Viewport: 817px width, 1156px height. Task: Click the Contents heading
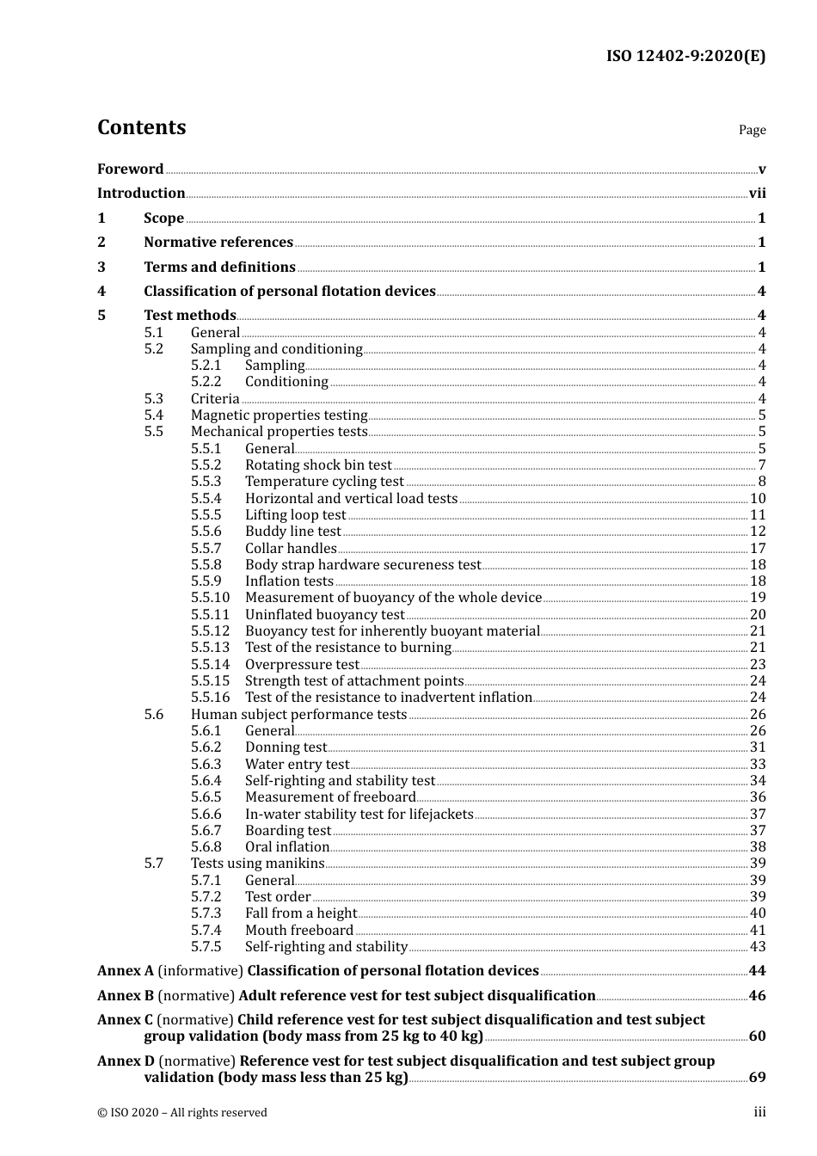point(141,127)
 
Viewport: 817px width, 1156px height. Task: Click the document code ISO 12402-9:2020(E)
point(685,57)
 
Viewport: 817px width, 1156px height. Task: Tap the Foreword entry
point(130,169)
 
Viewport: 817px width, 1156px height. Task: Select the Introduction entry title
point(141,193)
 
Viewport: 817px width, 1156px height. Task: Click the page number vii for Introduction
point(757,193)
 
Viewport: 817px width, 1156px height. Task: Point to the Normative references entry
point(218,242)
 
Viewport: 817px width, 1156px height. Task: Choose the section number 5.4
point(153,415)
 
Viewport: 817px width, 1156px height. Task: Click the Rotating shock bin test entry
point(318,465)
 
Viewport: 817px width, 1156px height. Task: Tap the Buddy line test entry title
point(293,532)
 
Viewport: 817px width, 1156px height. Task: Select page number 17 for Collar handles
point(758,548)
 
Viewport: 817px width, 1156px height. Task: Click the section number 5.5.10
point(210,598)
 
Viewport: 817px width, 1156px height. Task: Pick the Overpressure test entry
point(302,664)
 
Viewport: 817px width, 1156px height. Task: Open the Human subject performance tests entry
point(298,714)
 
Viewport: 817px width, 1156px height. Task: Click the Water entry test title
point(297,764)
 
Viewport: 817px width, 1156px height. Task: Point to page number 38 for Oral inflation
point(758,846)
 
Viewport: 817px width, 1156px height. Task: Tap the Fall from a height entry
point(301,913)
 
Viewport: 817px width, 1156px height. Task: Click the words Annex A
point(126,970)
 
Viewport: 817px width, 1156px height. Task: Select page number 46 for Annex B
point(757,995)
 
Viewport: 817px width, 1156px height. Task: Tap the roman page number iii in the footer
point(759,1111)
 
